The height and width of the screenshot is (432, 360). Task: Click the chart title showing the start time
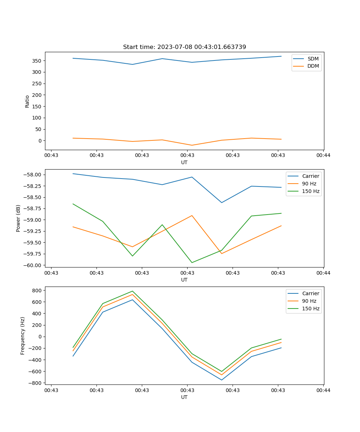(184, 47)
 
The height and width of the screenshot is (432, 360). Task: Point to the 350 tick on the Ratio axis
(37, 60)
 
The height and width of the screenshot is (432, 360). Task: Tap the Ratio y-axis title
(27, 101)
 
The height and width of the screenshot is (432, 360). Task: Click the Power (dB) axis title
(18, 218)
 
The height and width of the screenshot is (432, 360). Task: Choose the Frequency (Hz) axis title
(23, 336)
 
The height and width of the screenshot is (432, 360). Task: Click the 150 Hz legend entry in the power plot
(311, 191)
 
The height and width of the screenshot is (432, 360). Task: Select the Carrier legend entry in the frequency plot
(311, 293)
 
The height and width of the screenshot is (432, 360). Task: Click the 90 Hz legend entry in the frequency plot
(309, 301)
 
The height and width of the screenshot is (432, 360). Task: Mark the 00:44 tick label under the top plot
(323, 156)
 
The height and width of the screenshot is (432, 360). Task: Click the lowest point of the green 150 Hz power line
(192, 262)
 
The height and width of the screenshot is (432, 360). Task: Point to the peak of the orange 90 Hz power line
(192, 216)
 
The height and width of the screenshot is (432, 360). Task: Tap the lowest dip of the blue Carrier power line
(221, 203)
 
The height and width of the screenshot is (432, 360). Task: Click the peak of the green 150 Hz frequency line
(132, 291)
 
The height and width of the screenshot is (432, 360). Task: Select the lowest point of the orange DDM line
(192, 145)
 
